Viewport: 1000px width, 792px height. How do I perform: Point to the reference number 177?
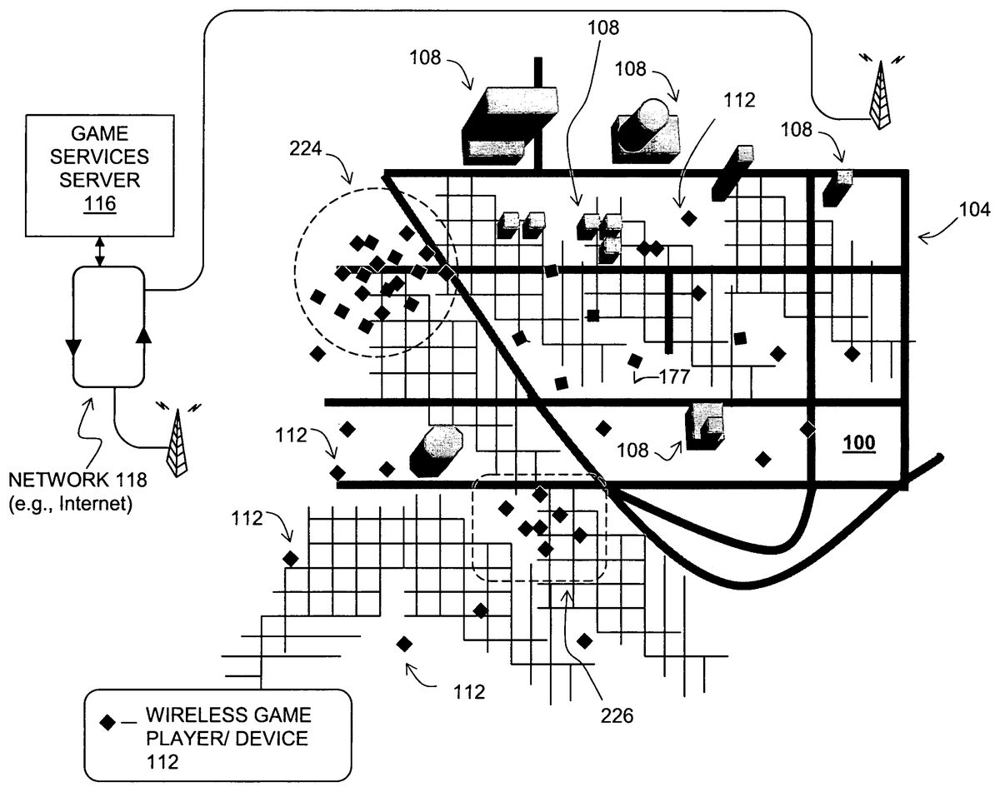point(673,376)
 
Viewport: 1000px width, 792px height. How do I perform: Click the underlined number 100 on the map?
point(859,443)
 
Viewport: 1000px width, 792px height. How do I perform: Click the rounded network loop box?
point(109,326)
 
